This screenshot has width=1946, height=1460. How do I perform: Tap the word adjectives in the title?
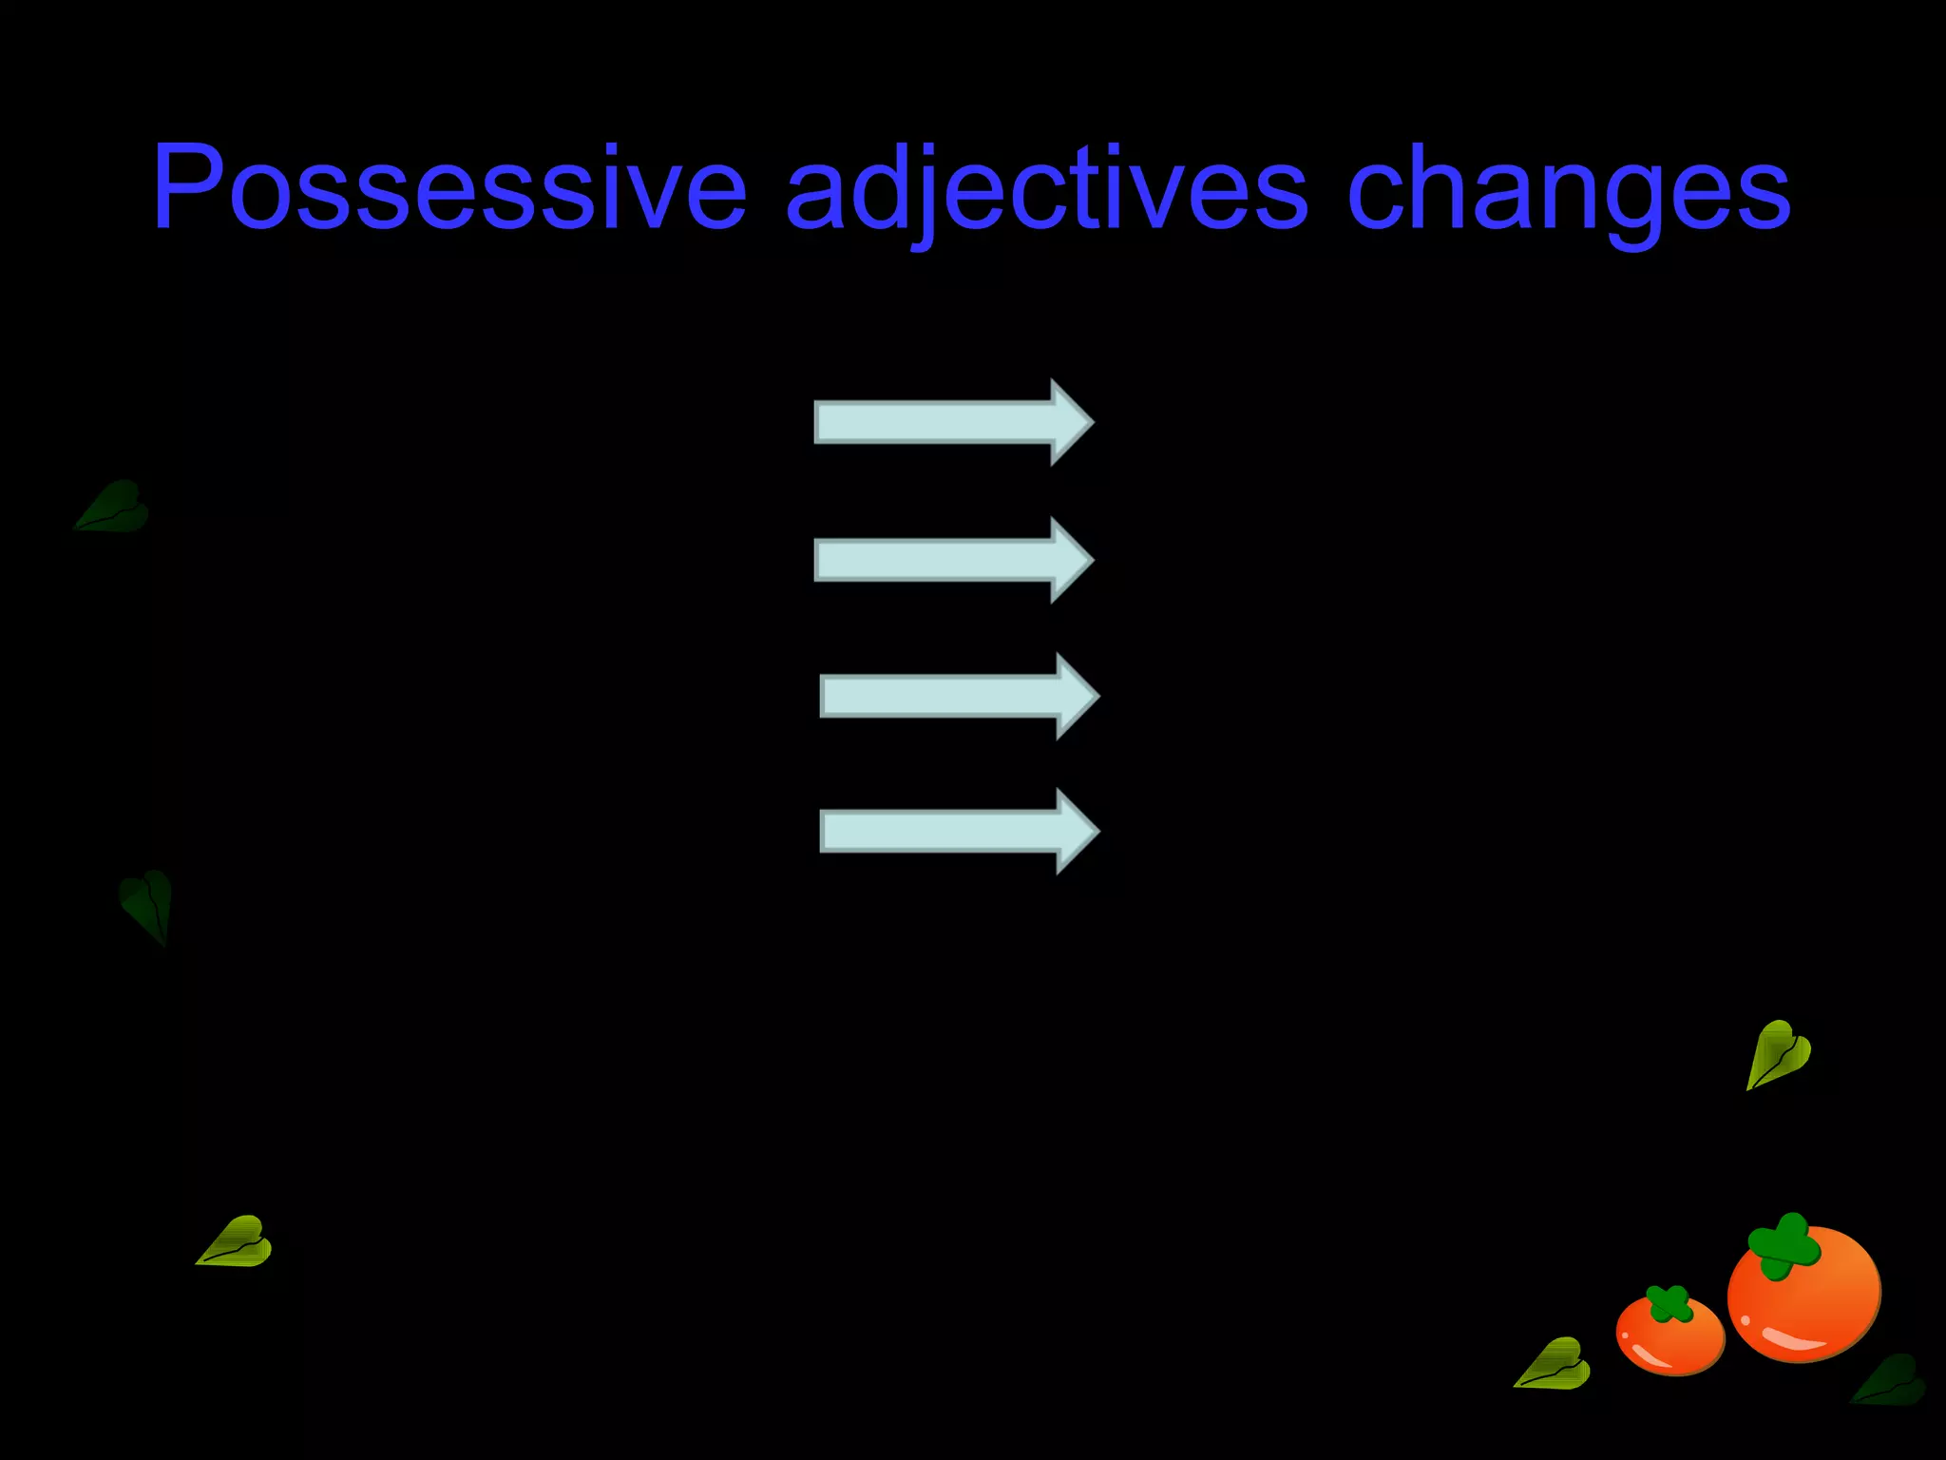point(1046,187)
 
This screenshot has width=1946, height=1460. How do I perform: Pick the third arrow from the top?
point(959,696)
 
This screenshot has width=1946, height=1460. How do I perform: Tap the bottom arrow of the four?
point(959,831)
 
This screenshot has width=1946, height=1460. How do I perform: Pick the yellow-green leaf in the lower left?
point(237,1243)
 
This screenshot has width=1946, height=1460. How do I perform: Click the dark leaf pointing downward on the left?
point(148,903)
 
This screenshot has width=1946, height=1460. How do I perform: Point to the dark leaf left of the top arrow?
point(114,507)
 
